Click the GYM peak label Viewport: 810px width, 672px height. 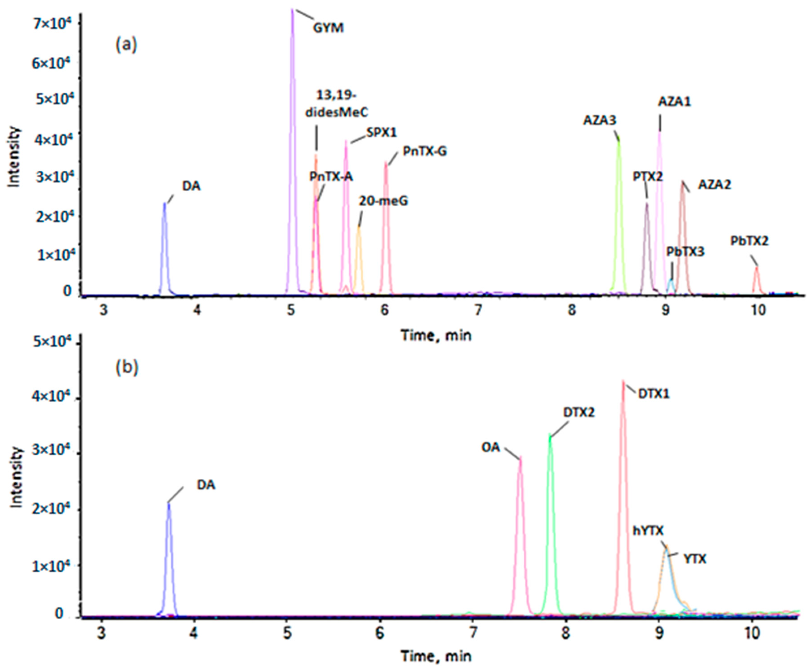(328, 28)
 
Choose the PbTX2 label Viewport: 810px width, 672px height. (749, 241)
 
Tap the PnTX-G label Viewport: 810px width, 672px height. (425, 151)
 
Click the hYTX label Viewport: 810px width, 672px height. (648, 531)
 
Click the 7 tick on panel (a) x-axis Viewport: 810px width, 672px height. (478, 310)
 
